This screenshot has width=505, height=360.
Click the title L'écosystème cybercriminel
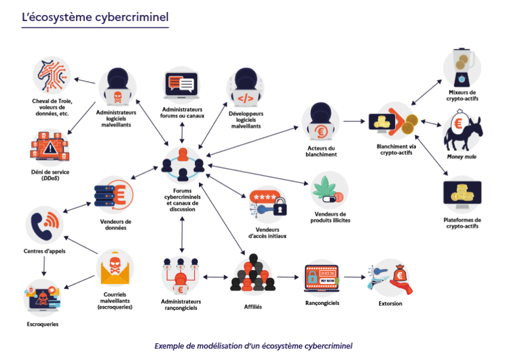(x=95, y=17)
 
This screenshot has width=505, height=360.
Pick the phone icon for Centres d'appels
(x=45, y=225)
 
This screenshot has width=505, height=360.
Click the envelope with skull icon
(x=115, y=269)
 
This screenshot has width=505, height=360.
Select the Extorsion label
(x=390, y=304)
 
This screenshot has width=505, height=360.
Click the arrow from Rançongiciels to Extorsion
(x=354, y=277)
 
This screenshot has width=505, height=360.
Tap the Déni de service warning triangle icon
(x=51, y=147)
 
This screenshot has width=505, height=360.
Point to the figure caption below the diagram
(x=253, y=346)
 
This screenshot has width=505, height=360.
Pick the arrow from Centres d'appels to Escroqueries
(x=43, y=266)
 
